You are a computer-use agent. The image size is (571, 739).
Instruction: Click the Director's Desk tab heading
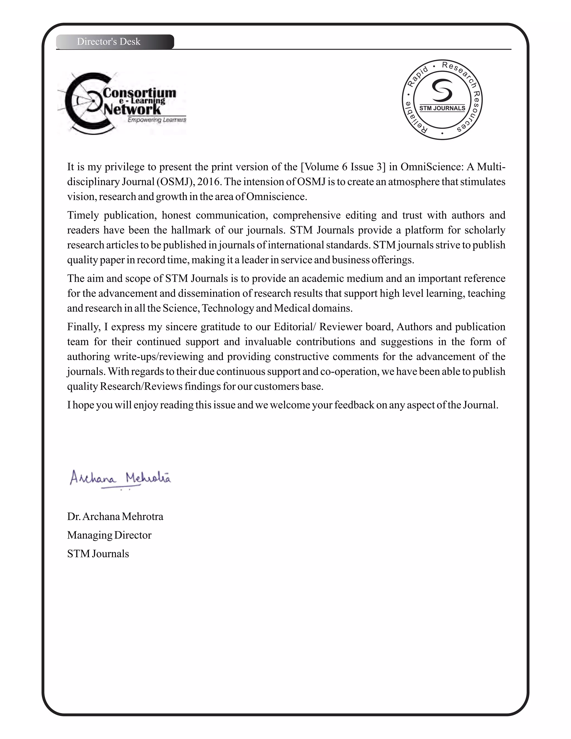coord(108,42)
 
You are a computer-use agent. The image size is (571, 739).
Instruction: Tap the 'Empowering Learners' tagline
coord(157,120)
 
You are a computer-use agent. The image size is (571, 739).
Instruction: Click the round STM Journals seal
coord(442,100)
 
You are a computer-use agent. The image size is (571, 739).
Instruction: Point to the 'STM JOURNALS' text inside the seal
coord(442,108)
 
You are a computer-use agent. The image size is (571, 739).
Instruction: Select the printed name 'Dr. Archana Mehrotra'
coord(115,517)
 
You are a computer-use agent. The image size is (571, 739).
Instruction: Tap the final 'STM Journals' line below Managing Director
coord(98,554)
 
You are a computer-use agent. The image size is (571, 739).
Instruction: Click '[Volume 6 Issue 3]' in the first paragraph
coord(343,167)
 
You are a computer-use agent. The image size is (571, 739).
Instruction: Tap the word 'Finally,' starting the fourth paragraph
coord(84,327)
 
